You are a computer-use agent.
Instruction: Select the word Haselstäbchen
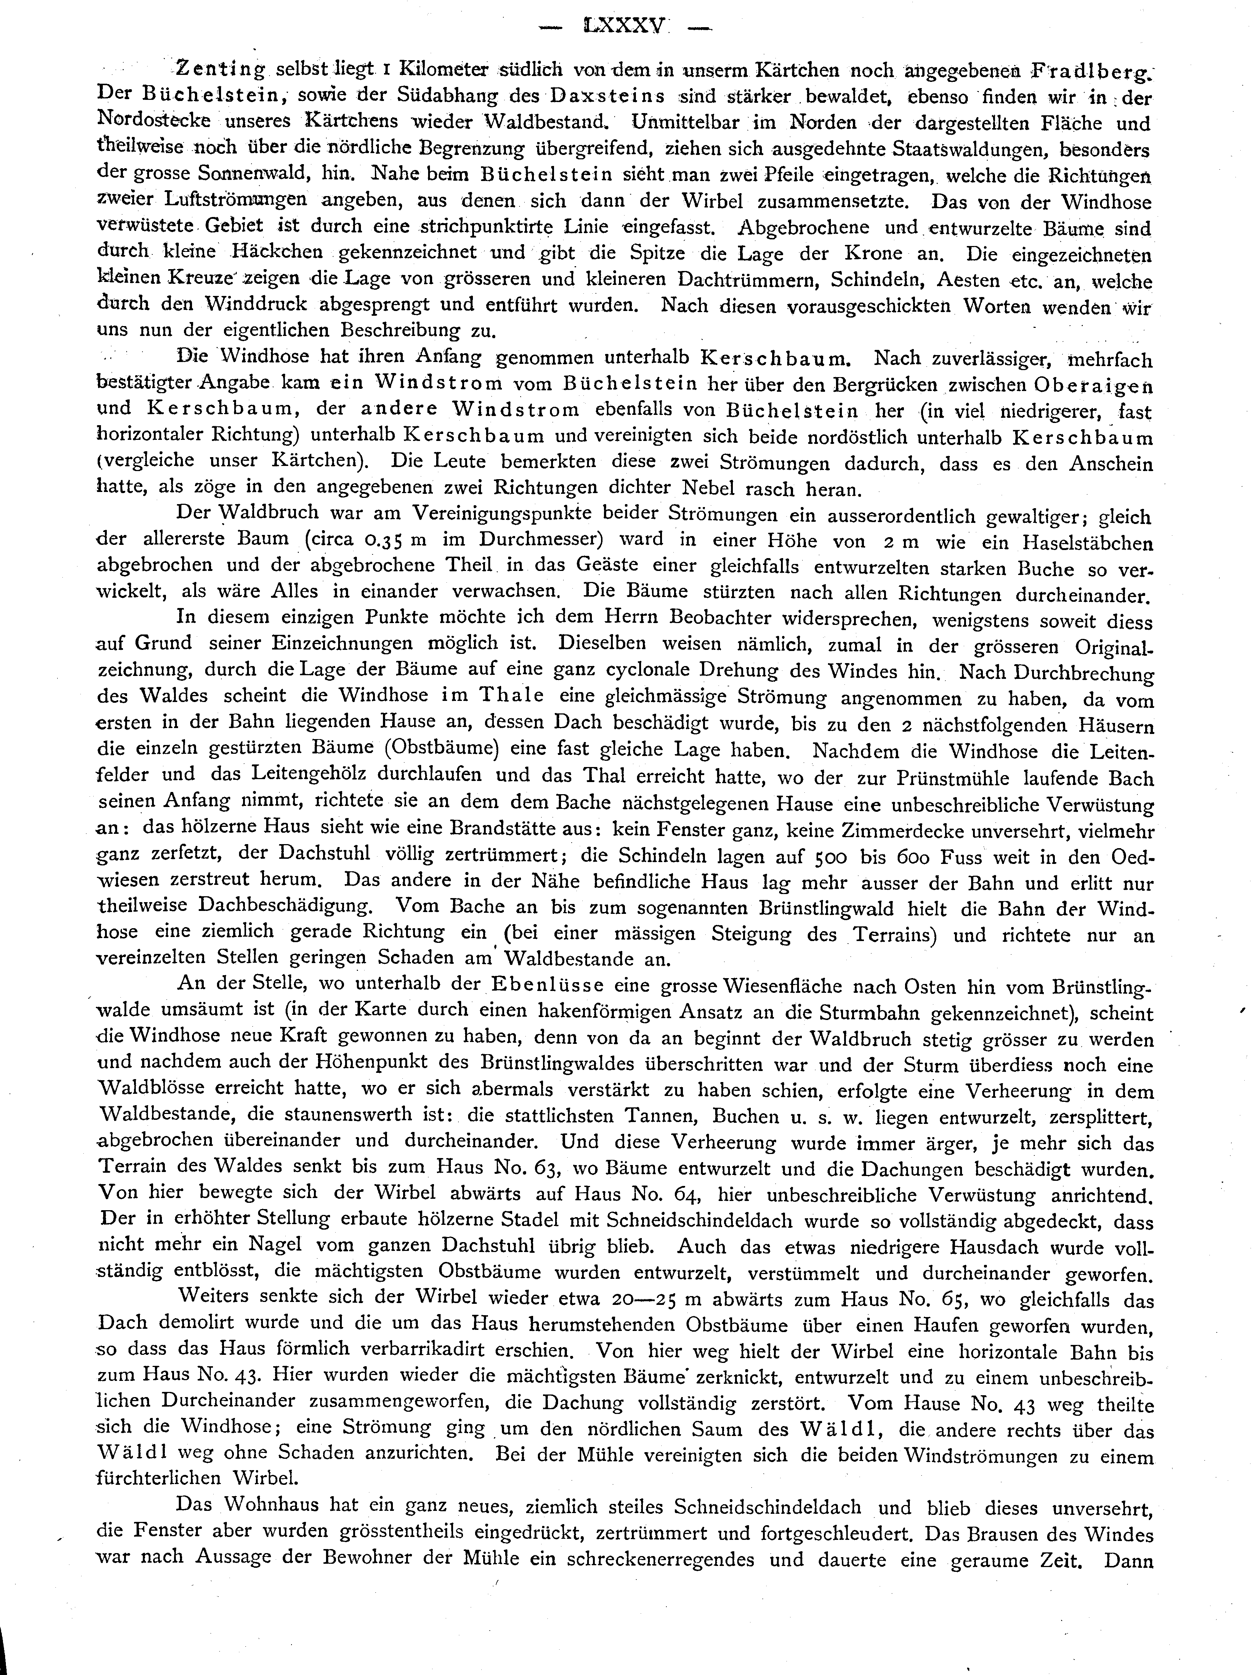pyautogui.click(x=1087, y=542)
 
